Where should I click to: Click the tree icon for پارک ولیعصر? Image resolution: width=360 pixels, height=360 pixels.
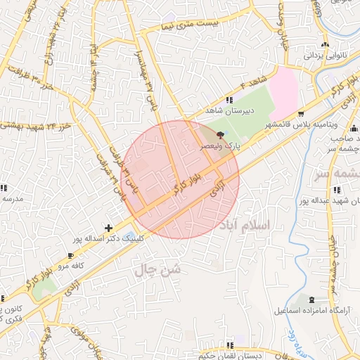click(x=221, y=134)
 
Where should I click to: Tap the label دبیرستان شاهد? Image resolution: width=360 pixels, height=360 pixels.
click(x=229, y=111)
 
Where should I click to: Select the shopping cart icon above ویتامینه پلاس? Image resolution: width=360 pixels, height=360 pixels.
click(x=302, y=113)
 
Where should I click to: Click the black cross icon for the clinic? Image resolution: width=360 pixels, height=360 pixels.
click(x=108, y=228)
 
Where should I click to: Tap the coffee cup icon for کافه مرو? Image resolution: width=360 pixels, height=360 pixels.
click(x=70, y=255)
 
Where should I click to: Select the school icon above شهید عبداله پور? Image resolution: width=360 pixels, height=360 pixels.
click(x=337, y=189)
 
